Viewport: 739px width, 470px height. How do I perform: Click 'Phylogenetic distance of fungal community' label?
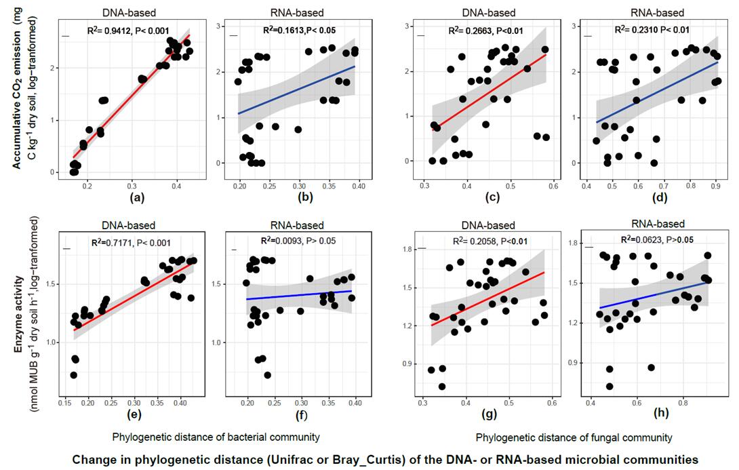pyautogui.click(x=574, y=438)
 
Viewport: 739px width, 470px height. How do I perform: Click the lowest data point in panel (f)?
pyautogui.click(x=268, y=374)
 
